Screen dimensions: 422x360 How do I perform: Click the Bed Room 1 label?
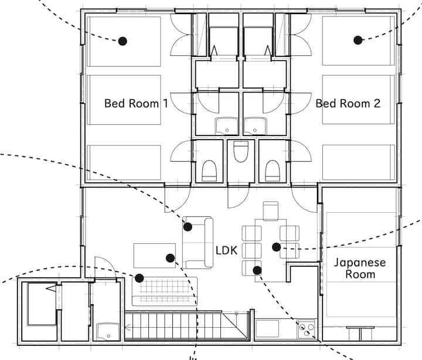click(136, 103)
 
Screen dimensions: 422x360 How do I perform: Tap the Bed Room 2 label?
click(348, 103)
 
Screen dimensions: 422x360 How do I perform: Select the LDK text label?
click(227, 250)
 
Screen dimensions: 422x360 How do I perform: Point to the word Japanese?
click(360, 262)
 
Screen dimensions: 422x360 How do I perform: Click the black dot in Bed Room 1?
click(122, 41)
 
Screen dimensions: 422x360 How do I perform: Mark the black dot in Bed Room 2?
click(358, 40)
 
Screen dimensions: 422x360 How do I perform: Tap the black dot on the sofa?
click(188, 227)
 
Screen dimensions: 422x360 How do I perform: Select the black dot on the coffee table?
click(170, 258)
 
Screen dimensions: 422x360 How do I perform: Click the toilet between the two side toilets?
click(241, 151)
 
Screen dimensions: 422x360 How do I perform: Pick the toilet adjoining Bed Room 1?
click(209, 171)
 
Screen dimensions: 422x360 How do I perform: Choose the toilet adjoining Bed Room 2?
click(273, 171)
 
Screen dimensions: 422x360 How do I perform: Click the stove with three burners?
click(307, 330)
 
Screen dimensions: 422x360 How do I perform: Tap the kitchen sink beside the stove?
click(267, 328)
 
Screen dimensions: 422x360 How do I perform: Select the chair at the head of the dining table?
click(270, 211)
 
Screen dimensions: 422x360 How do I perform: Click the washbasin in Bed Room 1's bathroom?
click(227, 126)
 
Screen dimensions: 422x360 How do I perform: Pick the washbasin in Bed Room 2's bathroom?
click(255, 126)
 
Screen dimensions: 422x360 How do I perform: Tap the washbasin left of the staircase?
click(108, 332)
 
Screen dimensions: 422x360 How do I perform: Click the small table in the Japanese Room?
click(360, 333)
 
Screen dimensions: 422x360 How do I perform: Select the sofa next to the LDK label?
click(198, 243)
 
